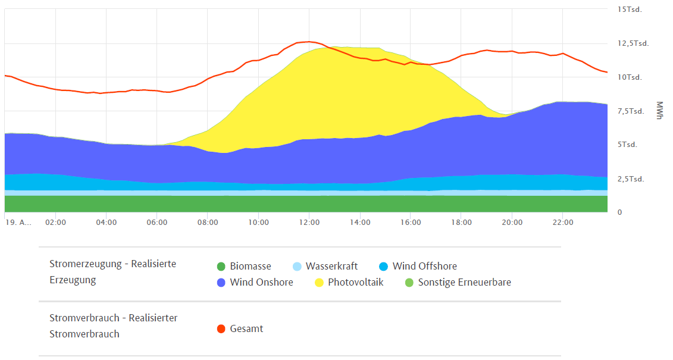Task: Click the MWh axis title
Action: (659, 110)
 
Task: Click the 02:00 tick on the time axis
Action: (55, 223)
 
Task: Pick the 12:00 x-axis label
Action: (309, 223)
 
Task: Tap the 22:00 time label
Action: (563, 223)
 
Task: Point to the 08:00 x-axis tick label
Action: (208, 223)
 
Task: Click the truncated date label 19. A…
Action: (18, 223)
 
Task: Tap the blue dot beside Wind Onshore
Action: (221, 283)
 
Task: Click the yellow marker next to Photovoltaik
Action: (319, 283)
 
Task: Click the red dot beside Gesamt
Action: (221, 329)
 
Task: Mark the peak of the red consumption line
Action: (308, 42)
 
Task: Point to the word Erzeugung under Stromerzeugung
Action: (73, 280)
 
